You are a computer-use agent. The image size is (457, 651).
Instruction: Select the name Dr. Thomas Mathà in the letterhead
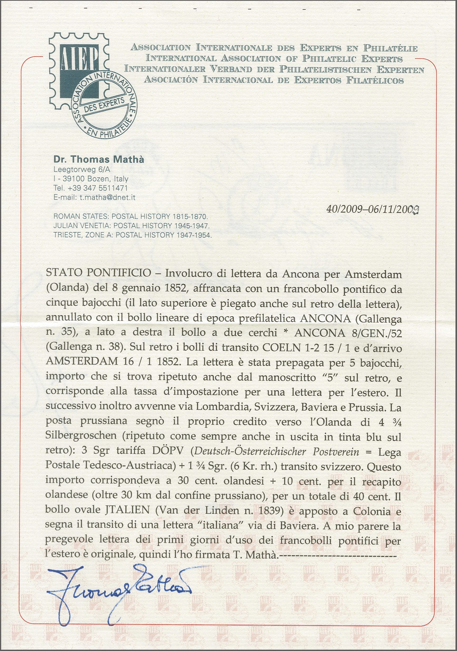click(99, 160)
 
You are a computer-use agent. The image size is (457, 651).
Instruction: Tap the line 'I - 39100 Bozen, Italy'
click(91, 179)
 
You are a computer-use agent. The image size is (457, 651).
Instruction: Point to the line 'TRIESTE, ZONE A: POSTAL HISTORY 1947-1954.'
click(132, 235)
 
